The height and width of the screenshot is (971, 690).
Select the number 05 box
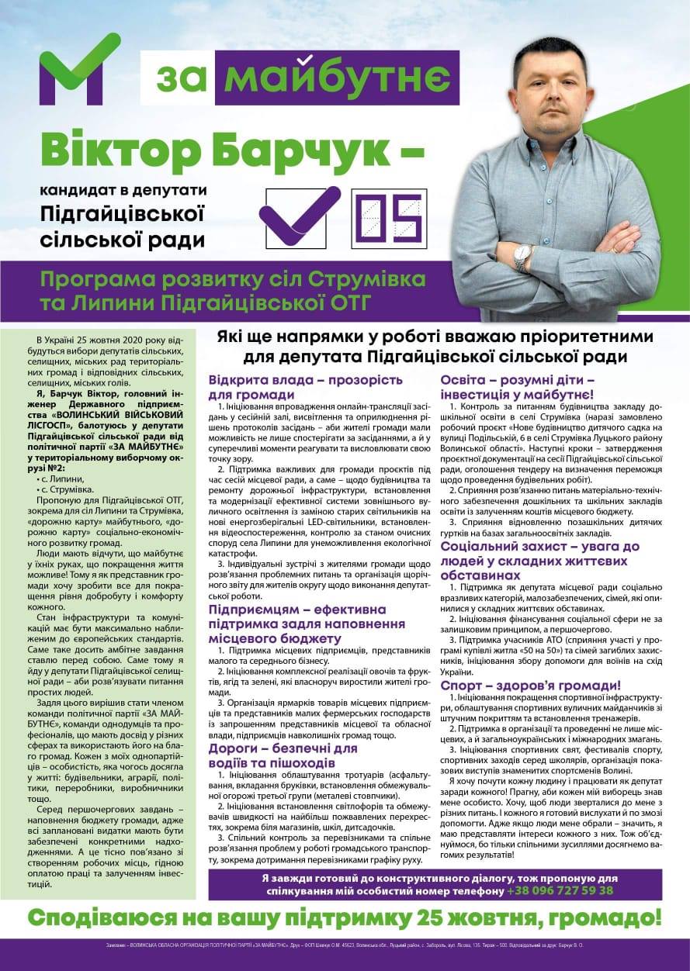pos(392,217)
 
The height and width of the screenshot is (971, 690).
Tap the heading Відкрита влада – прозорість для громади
pos(305,387)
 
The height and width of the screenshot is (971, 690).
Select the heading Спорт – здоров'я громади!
pos(530,686)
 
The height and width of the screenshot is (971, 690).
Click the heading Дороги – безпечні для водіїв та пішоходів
pos(283,755)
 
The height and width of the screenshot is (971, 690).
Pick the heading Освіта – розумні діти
pos(518,387)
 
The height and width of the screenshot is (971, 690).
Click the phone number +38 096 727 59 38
pos(560,890)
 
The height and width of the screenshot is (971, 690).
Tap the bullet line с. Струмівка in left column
pos(65,490)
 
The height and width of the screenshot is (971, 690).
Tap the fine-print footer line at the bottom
pos(345,946)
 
